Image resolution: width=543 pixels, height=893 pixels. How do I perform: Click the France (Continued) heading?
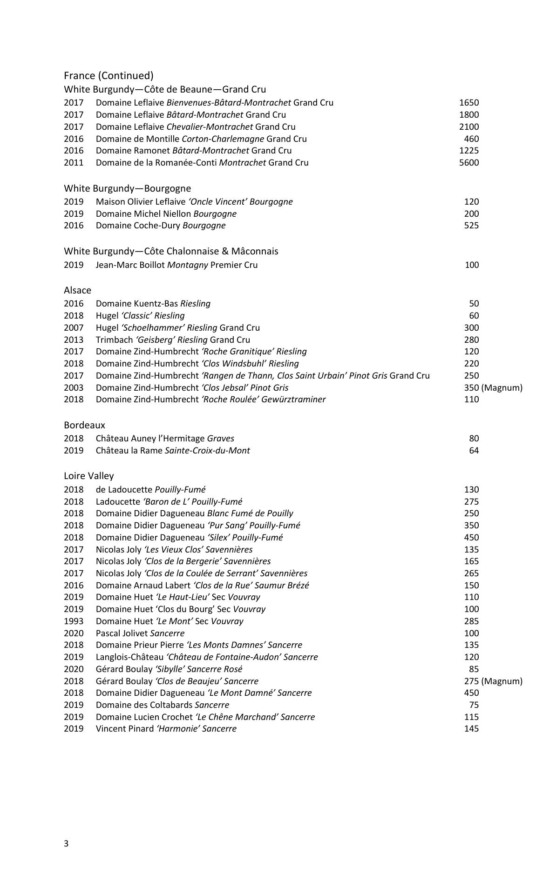pos(109,75)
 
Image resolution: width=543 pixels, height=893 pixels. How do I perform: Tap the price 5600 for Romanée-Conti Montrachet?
pos(468,162)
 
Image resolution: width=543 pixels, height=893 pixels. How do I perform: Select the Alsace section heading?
pos(77,290)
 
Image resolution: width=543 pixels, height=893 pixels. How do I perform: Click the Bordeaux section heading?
pos(84,425)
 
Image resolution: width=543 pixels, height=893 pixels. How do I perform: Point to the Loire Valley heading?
pos(88,476)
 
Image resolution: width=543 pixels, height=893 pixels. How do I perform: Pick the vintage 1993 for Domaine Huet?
pos(74,621)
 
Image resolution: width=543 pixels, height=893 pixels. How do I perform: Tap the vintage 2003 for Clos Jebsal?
pos(74,387)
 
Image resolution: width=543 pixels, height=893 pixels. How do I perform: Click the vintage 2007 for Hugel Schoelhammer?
pos(74,327)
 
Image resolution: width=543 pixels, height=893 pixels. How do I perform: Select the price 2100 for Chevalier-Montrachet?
pos(468,127)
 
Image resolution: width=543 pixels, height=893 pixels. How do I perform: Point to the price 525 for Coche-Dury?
pos(471,225)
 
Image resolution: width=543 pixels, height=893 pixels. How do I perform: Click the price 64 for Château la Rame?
pos(474,450)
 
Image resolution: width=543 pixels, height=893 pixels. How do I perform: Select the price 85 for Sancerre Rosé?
pos(474,669)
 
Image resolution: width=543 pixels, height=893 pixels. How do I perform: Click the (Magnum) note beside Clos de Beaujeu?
pos(502,681)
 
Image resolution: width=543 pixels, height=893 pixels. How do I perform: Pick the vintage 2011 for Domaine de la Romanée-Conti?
pos(74,162)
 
